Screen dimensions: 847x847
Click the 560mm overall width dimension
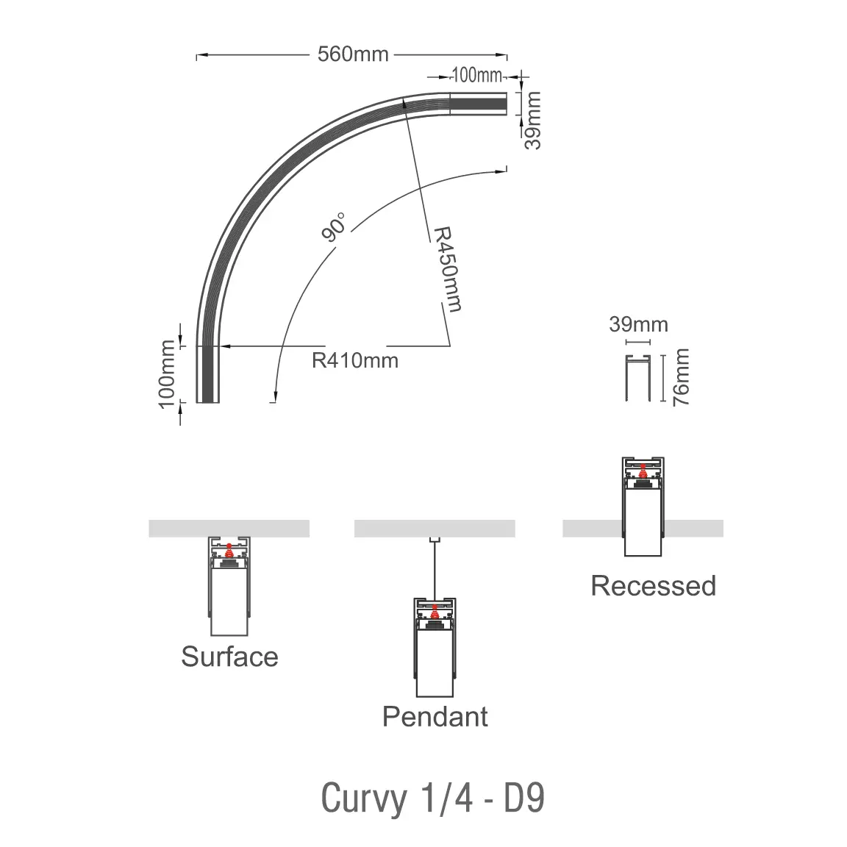[x=352, y=54]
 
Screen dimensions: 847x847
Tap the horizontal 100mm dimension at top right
[x=476, y=75]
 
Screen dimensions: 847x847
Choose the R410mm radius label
[x=355, y=360]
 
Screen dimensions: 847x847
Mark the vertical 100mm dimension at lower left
[x=167, y=373]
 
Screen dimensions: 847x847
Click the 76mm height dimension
[x=682, y=378]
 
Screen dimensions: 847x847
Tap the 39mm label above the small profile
[x=638, y=324]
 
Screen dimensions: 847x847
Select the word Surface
[x=229, y=656]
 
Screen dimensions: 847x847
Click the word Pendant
[x=435, y=715]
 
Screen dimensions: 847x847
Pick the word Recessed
[x=653, y=586]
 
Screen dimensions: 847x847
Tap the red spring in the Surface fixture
[x=229, y=548]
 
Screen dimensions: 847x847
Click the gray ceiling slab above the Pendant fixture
[x=435, y=529]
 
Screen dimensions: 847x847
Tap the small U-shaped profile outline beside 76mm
[x=638, y=378]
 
